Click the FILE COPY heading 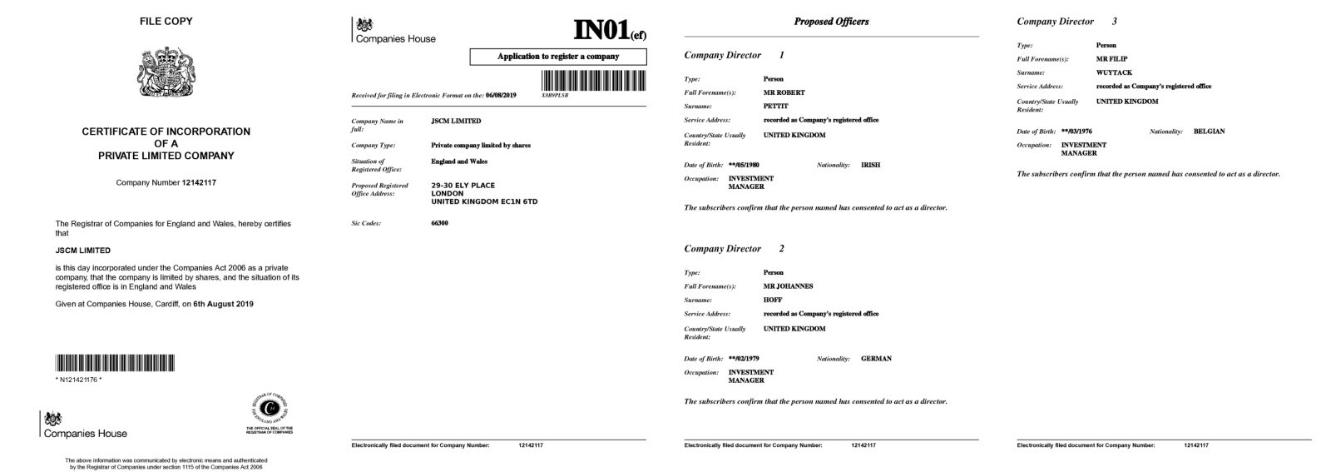[166, 22]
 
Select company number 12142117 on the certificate [199, 182]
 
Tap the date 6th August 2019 [223, 304]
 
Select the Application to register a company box [558, 57]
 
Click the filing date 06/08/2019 [501, 95]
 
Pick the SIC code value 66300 [439, 223]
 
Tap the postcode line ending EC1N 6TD [484, 201]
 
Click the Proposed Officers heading [831, 22]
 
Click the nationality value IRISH [870, 165]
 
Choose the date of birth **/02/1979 [744, 359]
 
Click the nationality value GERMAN [876, 359]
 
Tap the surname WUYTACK [1114, 72]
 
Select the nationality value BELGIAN [1209, 132]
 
